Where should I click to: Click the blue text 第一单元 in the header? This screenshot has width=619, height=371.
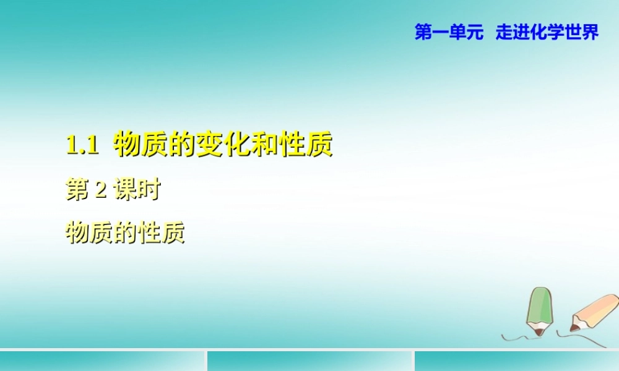pyautogui.click(x=449, y=33)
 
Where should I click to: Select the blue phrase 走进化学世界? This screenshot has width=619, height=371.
pyautogui.click(x=547, y=33)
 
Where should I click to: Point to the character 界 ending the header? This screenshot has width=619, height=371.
pyautogui.click(x=591, y=33)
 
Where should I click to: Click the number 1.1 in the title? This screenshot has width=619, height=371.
pyautogui.click(x=82, y=147)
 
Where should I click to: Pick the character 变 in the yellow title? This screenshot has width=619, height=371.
pyautogui.click(x=208, y=146)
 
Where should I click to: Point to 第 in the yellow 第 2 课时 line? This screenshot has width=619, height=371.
pyautogui.click(x=76, y=190)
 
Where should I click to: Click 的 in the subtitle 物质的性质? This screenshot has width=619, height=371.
pyautogui.click(x=125, y=233)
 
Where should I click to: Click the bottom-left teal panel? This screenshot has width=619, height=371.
pyautogui.click(x=102, y=361)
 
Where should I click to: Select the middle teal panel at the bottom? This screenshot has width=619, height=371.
pyautogui.click(x=309, y=361)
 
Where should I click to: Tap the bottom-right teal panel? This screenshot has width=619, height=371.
pyautogui.click(x=517, y=361)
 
